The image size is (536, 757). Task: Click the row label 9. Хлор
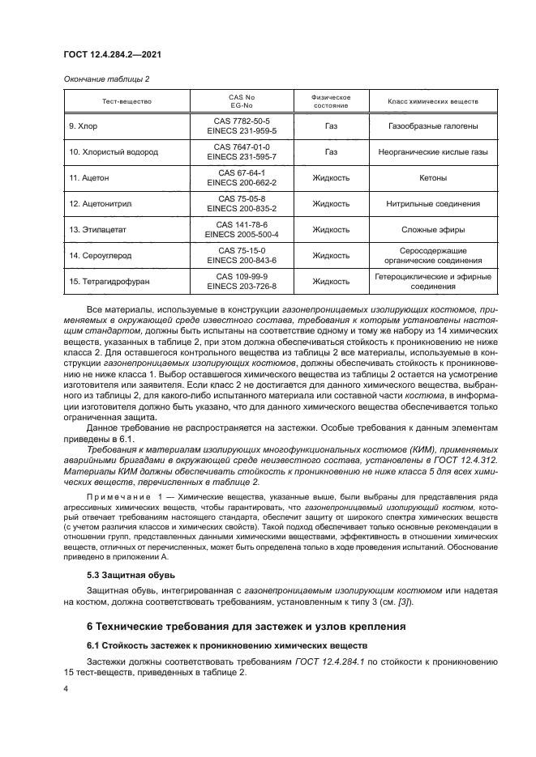pos(84,126)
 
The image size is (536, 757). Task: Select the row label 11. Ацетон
pos(90,177)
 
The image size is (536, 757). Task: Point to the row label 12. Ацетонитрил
pos(100,203)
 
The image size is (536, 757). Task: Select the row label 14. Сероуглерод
pos(100,255)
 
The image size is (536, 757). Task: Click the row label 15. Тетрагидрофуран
pos(109,281)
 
